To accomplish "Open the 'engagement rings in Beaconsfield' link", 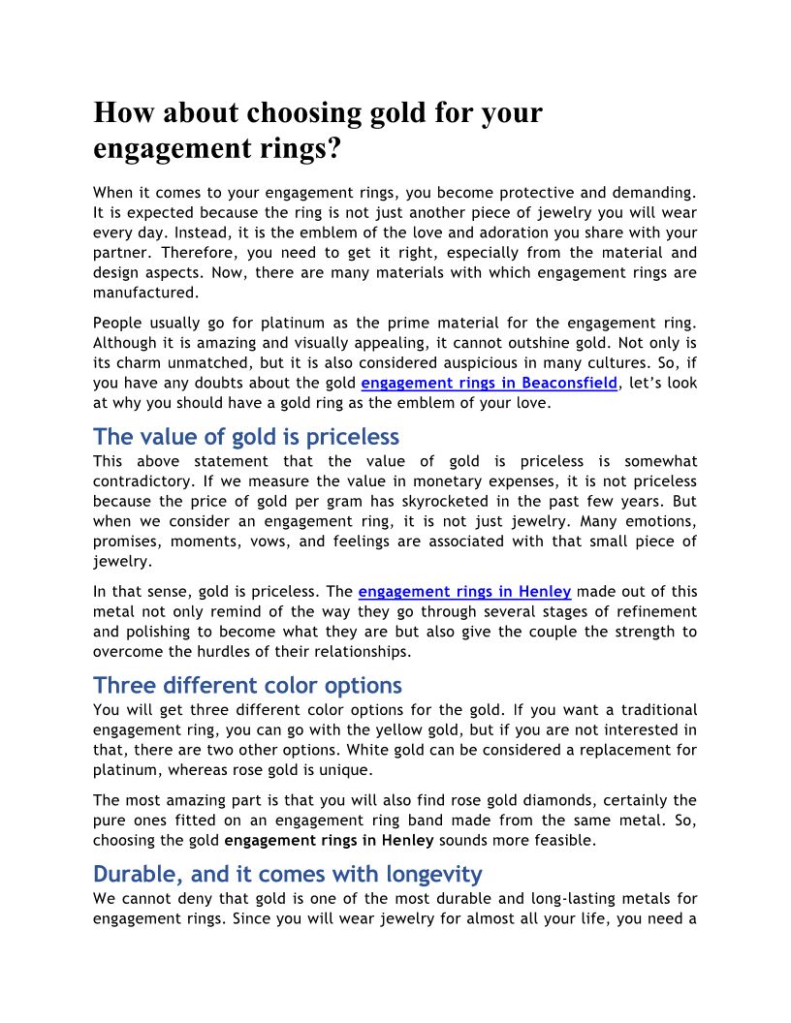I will click(x=489, y=383).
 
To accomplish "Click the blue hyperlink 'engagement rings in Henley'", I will click(x=464, y=591).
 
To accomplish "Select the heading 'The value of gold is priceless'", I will click(x=246, y=436).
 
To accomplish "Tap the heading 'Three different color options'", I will click(x=247, y=686).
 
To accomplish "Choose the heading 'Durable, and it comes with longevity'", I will click(x=287, y=874).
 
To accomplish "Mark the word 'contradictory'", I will click(x=143, y=480).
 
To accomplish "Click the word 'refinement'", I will click(x=649, y=611).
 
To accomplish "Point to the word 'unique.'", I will click(x=357, y=769).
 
